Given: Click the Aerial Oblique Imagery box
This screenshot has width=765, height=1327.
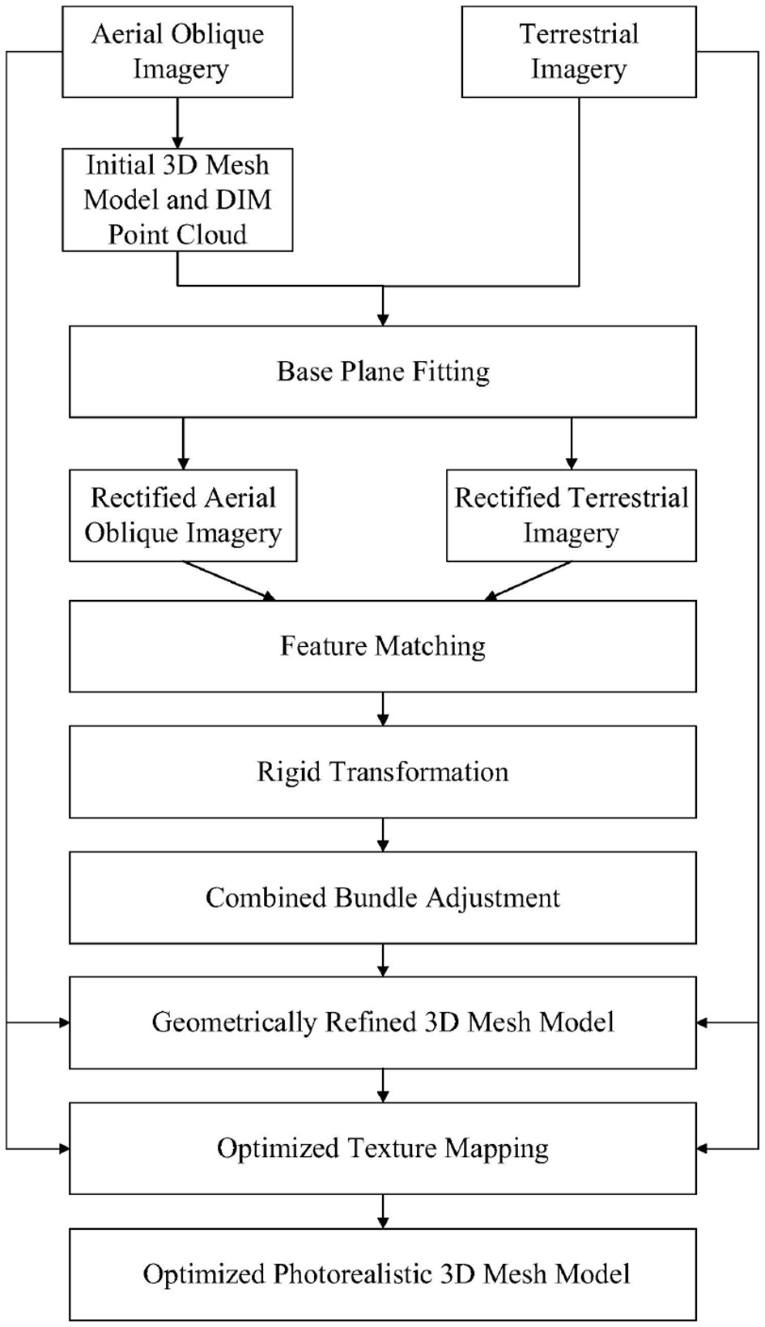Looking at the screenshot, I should point(177,51).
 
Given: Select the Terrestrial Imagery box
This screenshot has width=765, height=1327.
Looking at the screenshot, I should point(578,51).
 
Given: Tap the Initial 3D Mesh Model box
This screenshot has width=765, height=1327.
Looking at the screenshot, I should point(177,199).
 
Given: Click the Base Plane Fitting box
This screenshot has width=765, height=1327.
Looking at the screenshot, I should point(382,372).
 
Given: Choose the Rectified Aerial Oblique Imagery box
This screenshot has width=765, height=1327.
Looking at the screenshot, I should point(183,515).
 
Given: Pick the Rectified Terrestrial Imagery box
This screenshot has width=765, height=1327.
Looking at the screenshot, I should point(571,515).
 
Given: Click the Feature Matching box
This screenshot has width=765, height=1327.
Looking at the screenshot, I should point(382,646).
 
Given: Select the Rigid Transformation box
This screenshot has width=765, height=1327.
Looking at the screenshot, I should point(382,772).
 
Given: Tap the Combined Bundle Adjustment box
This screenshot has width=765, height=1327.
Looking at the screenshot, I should point(382,897).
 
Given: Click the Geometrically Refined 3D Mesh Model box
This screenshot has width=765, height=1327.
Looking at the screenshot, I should point(382,1023).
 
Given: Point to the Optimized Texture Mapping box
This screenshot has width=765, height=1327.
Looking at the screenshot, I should point(382,1148).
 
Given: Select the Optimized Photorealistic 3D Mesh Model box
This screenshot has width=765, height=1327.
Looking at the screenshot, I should point(382,1274).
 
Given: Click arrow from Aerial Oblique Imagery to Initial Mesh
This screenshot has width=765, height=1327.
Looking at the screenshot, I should point(177,122).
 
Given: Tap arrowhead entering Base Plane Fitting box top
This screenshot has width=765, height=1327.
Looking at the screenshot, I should point(383,318).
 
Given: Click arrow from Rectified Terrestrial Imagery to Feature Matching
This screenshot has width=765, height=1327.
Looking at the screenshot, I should point(528,581).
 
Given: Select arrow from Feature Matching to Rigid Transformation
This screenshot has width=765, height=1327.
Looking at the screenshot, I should point(383,709).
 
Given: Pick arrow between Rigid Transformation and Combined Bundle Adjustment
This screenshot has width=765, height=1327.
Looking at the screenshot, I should point(383,835).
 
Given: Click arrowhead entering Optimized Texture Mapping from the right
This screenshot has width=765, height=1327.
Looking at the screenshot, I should point(703,1148).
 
